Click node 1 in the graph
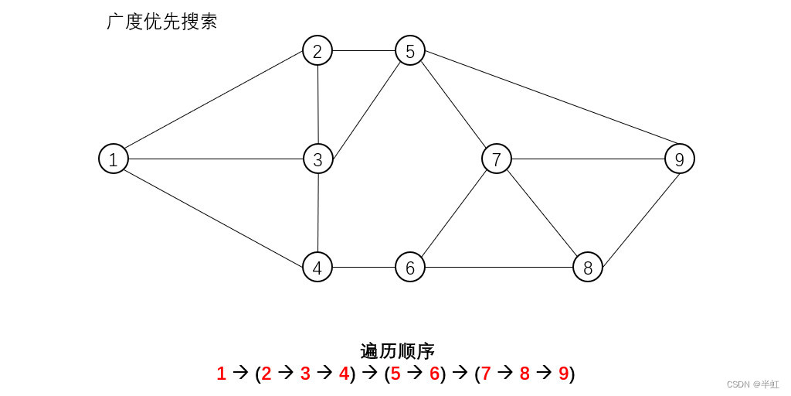pos(114,159)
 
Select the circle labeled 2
pos(317,51)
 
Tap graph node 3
pos(317,159)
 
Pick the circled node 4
pos(317,268)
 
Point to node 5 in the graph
pos(410,51)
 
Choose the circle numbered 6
pos(410,268)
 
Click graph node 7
pos(497,159)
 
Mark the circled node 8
pos(588,268)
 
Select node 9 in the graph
pos(680,159)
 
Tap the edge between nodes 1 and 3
pos(216,159)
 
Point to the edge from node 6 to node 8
pos(499,268)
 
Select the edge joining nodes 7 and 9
pos(588,159)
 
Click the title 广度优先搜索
pos(161,22)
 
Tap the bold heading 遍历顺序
pos(397,351)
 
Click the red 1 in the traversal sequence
pos(222,374)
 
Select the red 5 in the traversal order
pos(395,374)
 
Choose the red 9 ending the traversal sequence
pos(563,374)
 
